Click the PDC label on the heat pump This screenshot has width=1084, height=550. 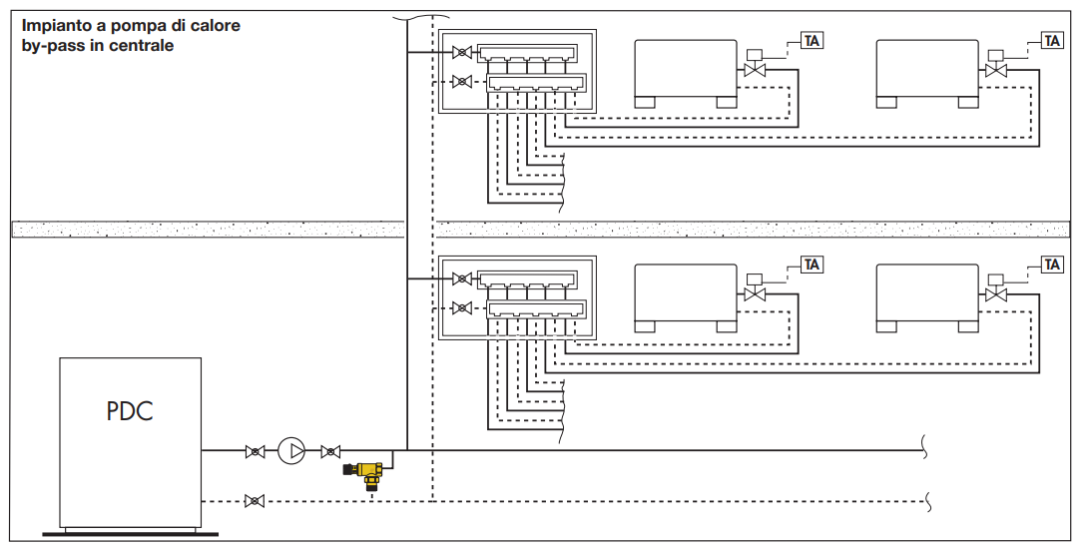130,411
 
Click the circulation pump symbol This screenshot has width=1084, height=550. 291,451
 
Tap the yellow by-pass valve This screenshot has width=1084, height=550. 366,473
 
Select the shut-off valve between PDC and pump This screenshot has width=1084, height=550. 256,452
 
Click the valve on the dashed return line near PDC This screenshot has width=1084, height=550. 255,501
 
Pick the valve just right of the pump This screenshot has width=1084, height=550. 331,452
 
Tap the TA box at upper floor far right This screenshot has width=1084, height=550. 1052,41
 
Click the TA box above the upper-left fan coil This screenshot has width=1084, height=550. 812,41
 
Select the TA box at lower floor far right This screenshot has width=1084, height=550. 1052,264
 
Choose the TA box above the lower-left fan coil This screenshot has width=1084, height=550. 812,264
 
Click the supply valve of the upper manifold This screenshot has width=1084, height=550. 462,52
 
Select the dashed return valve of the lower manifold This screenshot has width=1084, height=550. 462,307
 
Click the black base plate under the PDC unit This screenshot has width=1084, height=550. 130,534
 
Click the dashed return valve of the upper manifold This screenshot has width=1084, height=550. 462,82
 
